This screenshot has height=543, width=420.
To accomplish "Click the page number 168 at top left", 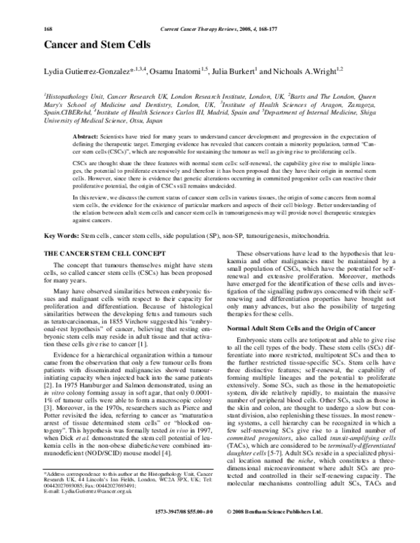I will click(x=48, y=8).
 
